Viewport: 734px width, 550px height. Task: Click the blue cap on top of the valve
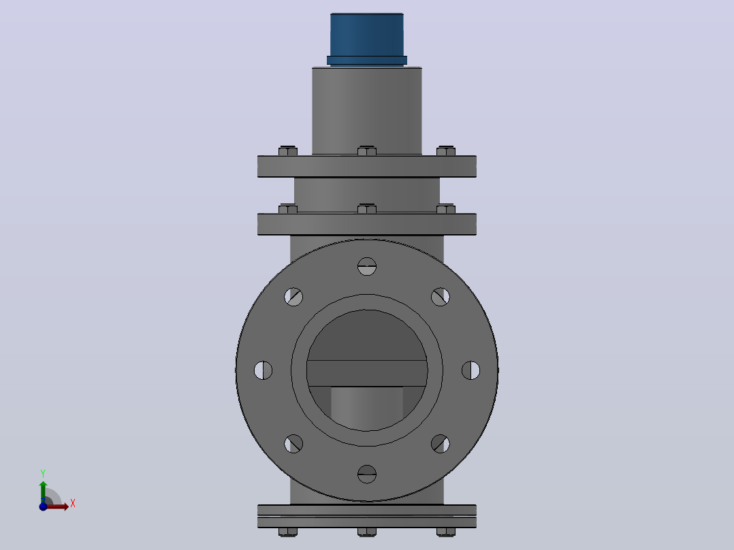point(367,39)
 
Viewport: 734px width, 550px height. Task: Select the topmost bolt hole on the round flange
point(367,266)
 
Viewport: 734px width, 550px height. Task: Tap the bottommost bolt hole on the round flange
point(367,474)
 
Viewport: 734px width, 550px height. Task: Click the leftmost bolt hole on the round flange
point(263,370)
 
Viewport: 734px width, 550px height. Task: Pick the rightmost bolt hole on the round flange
point(470,370)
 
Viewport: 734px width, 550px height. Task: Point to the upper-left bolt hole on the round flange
point(293,297)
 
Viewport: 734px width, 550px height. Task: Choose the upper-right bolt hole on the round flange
point(440,297)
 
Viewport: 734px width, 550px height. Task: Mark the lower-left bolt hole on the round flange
point(293,444)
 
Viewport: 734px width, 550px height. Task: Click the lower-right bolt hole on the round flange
point(440,444)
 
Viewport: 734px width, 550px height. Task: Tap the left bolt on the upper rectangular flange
point(288,150)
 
